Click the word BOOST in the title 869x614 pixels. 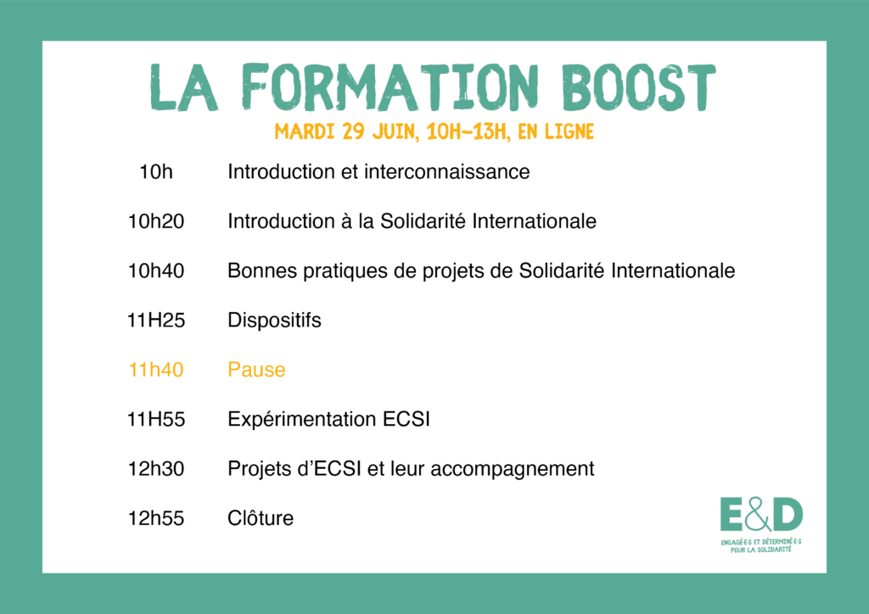(638, 87)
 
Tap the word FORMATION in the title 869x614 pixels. (390, 87)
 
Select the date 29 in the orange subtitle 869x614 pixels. (353, 131)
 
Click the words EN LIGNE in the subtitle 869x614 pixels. (556, 131)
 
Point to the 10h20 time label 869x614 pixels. (156, 221)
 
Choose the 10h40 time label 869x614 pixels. (156, 271)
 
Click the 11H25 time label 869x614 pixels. (156, 320)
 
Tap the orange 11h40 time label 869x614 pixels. (156, 370)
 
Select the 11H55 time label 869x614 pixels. (156, 419)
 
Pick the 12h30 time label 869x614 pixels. (156, 469)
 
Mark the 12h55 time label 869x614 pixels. (156, 518)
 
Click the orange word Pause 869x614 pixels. (256, 370)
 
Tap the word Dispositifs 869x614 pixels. (274, 321)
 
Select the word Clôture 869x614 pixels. (261, 518)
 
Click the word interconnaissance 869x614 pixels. (446, 171)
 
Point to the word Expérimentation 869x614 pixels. (302, 420)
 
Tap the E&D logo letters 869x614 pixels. (761, 514)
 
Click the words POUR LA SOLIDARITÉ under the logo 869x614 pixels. (761, 550)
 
